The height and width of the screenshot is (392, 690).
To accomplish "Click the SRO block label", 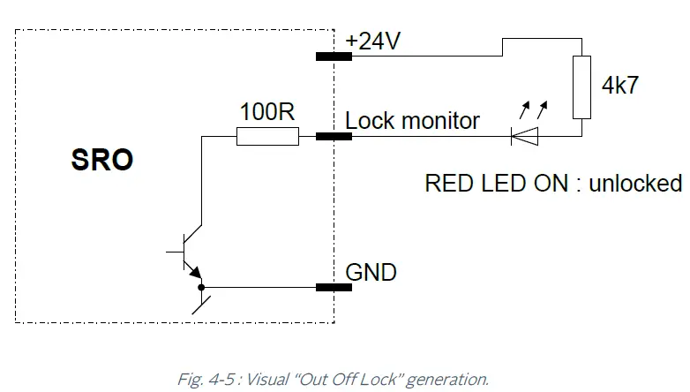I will pos(101,160).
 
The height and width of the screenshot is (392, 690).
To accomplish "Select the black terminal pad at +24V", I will pos(334,57).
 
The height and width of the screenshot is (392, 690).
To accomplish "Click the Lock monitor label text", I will pos(413,120).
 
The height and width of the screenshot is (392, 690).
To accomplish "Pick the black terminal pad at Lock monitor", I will pos(334,137).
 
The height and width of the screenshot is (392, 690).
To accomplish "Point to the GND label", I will pos(371,272).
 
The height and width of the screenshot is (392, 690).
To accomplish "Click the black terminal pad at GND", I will pos(334,288).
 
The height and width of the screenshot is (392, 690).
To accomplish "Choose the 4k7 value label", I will pos(619,86).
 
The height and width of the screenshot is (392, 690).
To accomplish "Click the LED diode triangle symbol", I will pos(524,137).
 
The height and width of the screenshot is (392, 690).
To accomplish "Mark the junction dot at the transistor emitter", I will pos(201,287).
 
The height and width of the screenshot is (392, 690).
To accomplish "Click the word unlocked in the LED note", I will pos(635,183).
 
